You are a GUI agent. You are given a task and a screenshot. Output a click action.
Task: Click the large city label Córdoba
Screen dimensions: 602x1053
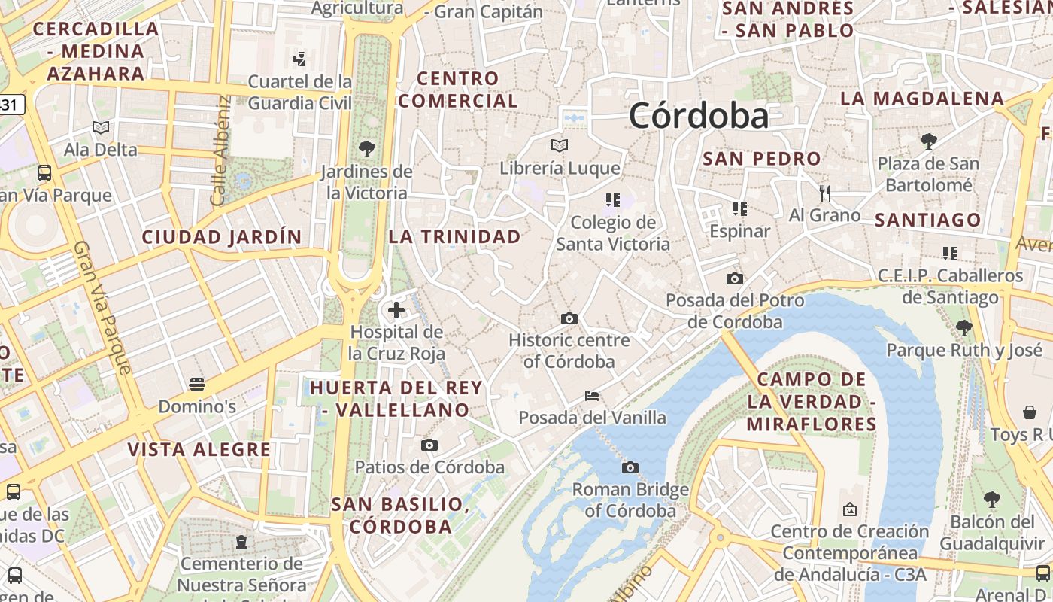click(x=699, y=116)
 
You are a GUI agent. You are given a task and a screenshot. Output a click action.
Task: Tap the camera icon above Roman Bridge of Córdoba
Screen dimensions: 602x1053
click(x=630, y=468)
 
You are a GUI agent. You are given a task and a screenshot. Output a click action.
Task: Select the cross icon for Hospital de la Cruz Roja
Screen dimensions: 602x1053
click(x=396, y=310)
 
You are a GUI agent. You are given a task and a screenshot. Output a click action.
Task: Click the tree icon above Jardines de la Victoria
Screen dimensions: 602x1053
click(x=367, y=149)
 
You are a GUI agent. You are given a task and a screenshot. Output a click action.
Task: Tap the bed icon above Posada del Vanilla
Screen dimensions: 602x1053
click(x=593, y=396)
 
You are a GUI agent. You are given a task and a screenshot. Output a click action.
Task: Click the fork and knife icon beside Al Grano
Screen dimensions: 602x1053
click(x=825, y=193)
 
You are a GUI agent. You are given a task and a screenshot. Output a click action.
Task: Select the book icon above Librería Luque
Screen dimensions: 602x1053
click(x=560, y=146)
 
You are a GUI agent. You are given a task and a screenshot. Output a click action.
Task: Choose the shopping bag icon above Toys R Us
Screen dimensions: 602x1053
click(x=1030, y=412)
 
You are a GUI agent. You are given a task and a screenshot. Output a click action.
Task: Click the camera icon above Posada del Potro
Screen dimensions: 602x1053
click(x=735, y=279)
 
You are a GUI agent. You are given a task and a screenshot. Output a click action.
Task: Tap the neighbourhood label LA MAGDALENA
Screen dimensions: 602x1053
click(x=922, y=99)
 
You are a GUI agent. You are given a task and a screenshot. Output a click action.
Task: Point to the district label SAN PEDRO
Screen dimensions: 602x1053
click(x=761, y=159)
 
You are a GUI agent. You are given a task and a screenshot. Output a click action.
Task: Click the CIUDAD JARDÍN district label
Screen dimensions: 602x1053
click(x=222, y=237)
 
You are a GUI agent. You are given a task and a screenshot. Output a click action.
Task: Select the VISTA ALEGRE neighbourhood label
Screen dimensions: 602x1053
click(x=199, y=450)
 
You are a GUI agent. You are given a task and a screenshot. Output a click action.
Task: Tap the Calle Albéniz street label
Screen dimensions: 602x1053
click(x=220, y=150)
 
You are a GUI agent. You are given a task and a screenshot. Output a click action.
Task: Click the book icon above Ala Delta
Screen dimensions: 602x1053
click(x=101, y=128)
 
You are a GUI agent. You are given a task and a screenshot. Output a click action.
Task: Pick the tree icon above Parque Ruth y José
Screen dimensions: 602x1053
click(x=963, y=328)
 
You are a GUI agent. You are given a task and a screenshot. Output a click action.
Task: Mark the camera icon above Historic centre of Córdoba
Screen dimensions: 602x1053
click(x=569, y=319)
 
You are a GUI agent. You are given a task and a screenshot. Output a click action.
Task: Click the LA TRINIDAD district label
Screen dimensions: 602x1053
click(x=454, y=236)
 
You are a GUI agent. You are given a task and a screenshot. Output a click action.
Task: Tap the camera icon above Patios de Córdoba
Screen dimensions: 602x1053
click(x=429, y=445)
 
